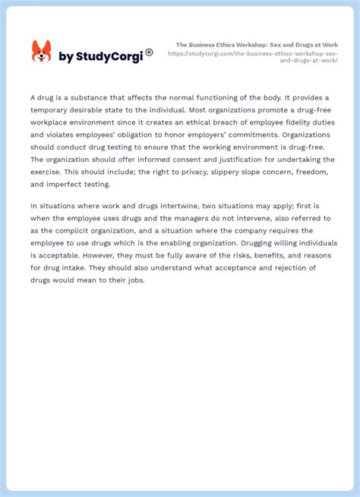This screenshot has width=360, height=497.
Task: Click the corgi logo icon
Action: (x=41, y=52)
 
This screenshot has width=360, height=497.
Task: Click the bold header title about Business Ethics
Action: (x=257, y=45)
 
